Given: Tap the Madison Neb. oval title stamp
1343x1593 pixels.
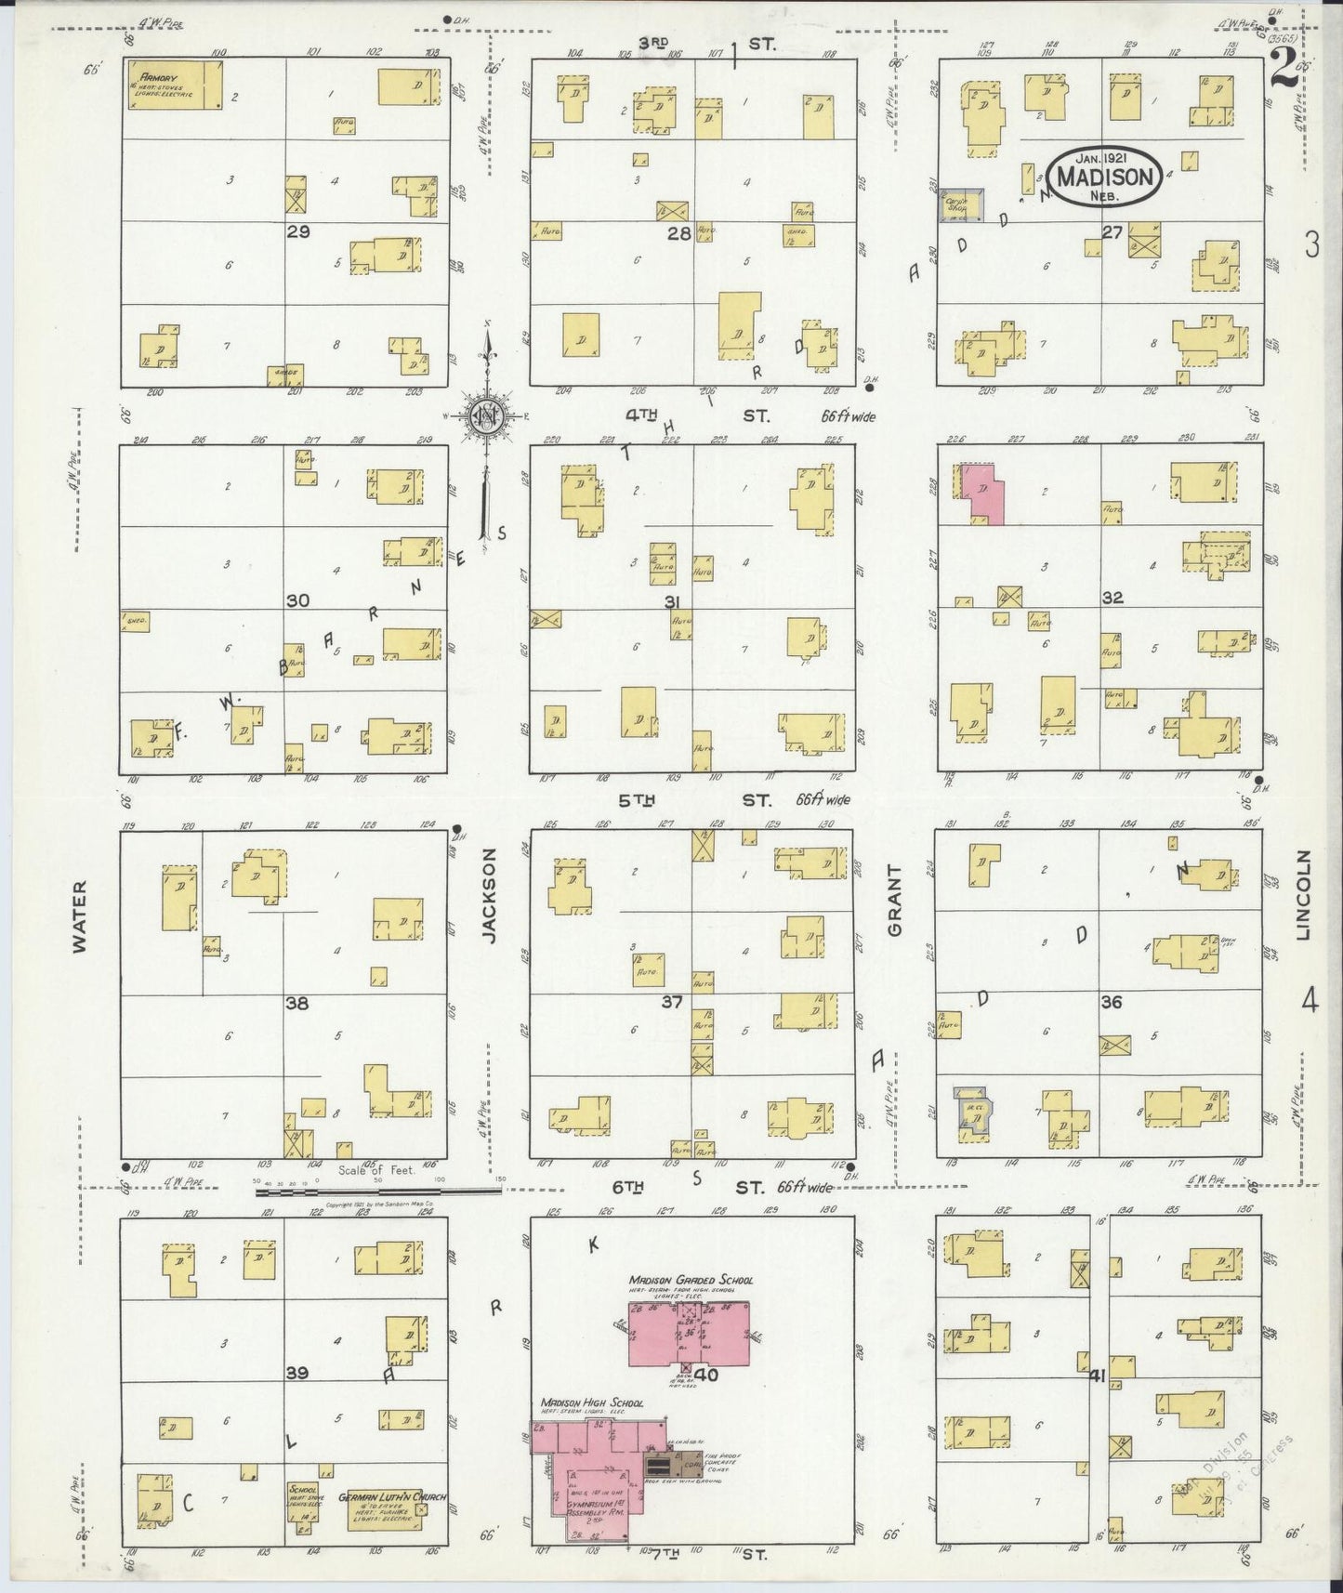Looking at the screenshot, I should [1105, 177].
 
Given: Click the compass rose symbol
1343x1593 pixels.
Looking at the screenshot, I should [486, 415].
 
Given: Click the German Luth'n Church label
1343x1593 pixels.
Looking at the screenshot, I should [392, 1498].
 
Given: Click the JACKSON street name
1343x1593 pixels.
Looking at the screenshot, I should [489, 895].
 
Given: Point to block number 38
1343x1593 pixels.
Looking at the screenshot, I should [297, 1004].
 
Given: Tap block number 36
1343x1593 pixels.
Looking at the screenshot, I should [1111, 1003].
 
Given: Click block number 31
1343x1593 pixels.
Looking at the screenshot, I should [673, 602].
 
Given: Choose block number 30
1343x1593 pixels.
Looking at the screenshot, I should [297, 601].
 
